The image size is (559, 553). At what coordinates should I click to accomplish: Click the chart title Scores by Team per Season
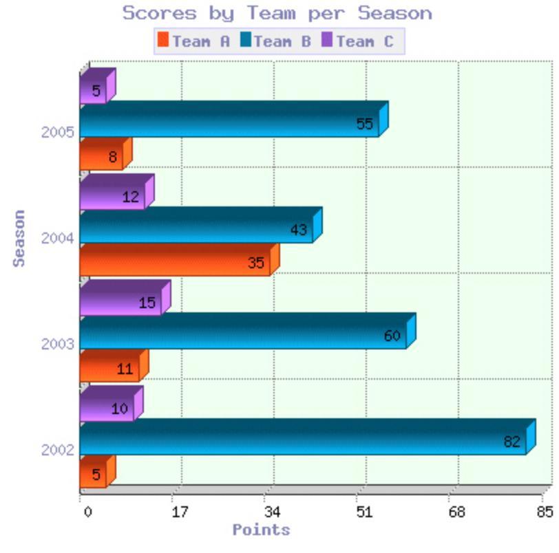point(277,13)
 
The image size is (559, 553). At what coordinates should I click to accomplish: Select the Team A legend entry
point(193,41)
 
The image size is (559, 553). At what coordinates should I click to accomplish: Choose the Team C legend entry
point(357,41)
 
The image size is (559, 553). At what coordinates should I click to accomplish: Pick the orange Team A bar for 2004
point(175,262)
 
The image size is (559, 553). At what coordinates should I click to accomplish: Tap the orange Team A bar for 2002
point(93,474)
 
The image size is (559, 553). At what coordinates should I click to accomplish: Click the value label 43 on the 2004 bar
point(298,230)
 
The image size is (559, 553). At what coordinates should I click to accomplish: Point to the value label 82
point(511,442)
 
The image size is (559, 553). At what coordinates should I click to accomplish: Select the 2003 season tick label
point(53,344)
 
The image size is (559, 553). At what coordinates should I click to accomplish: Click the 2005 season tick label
point(53,132)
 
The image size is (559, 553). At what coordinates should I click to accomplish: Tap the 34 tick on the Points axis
point(272,512)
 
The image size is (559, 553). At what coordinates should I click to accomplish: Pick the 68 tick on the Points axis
point(457,512)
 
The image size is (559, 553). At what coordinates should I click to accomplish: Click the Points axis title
point(261,530)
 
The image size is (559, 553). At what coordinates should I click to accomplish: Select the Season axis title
point(19,238)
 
